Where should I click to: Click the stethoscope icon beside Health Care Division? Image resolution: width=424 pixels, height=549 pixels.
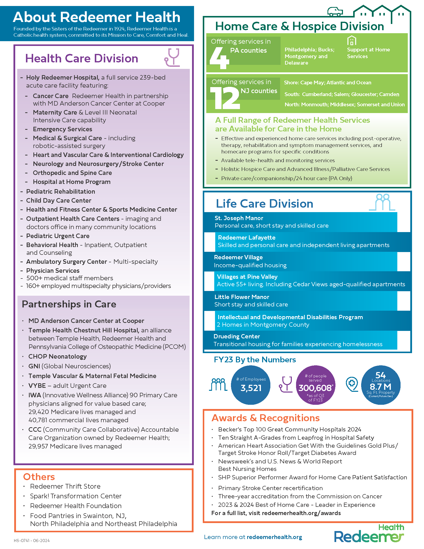172,58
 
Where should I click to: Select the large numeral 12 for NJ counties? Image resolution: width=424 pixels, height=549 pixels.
225,98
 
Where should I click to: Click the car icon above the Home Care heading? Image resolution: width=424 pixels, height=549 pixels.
335,11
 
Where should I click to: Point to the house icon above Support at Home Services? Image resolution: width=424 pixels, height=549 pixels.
352,40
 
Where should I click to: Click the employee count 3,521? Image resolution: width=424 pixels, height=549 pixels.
251,388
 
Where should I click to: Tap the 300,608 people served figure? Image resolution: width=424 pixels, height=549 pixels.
315,388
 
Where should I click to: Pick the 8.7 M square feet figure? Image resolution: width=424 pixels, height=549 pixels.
381,386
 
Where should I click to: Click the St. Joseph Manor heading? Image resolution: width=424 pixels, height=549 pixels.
239,218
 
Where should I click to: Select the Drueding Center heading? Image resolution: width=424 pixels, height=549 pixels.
237,336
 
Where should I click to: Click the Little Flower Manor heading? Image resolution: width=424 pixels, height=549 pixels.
242,297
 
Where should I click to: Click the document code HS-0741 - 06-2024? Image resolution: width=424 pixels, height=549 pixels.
32,541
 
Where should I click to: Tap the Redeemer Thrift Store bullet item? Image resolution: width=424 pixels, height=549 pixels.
65,486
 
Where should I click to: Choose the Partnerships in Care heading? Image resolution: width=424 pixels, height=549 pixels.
69,304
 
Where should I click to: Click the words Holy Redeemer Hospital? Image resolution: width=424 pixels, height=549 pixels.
63,77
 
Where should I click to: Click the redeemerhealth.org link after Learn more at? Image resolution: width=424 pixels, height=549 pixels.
274,537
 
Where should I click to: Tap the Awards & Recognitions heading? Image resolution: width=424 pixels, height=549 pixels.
266,418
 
